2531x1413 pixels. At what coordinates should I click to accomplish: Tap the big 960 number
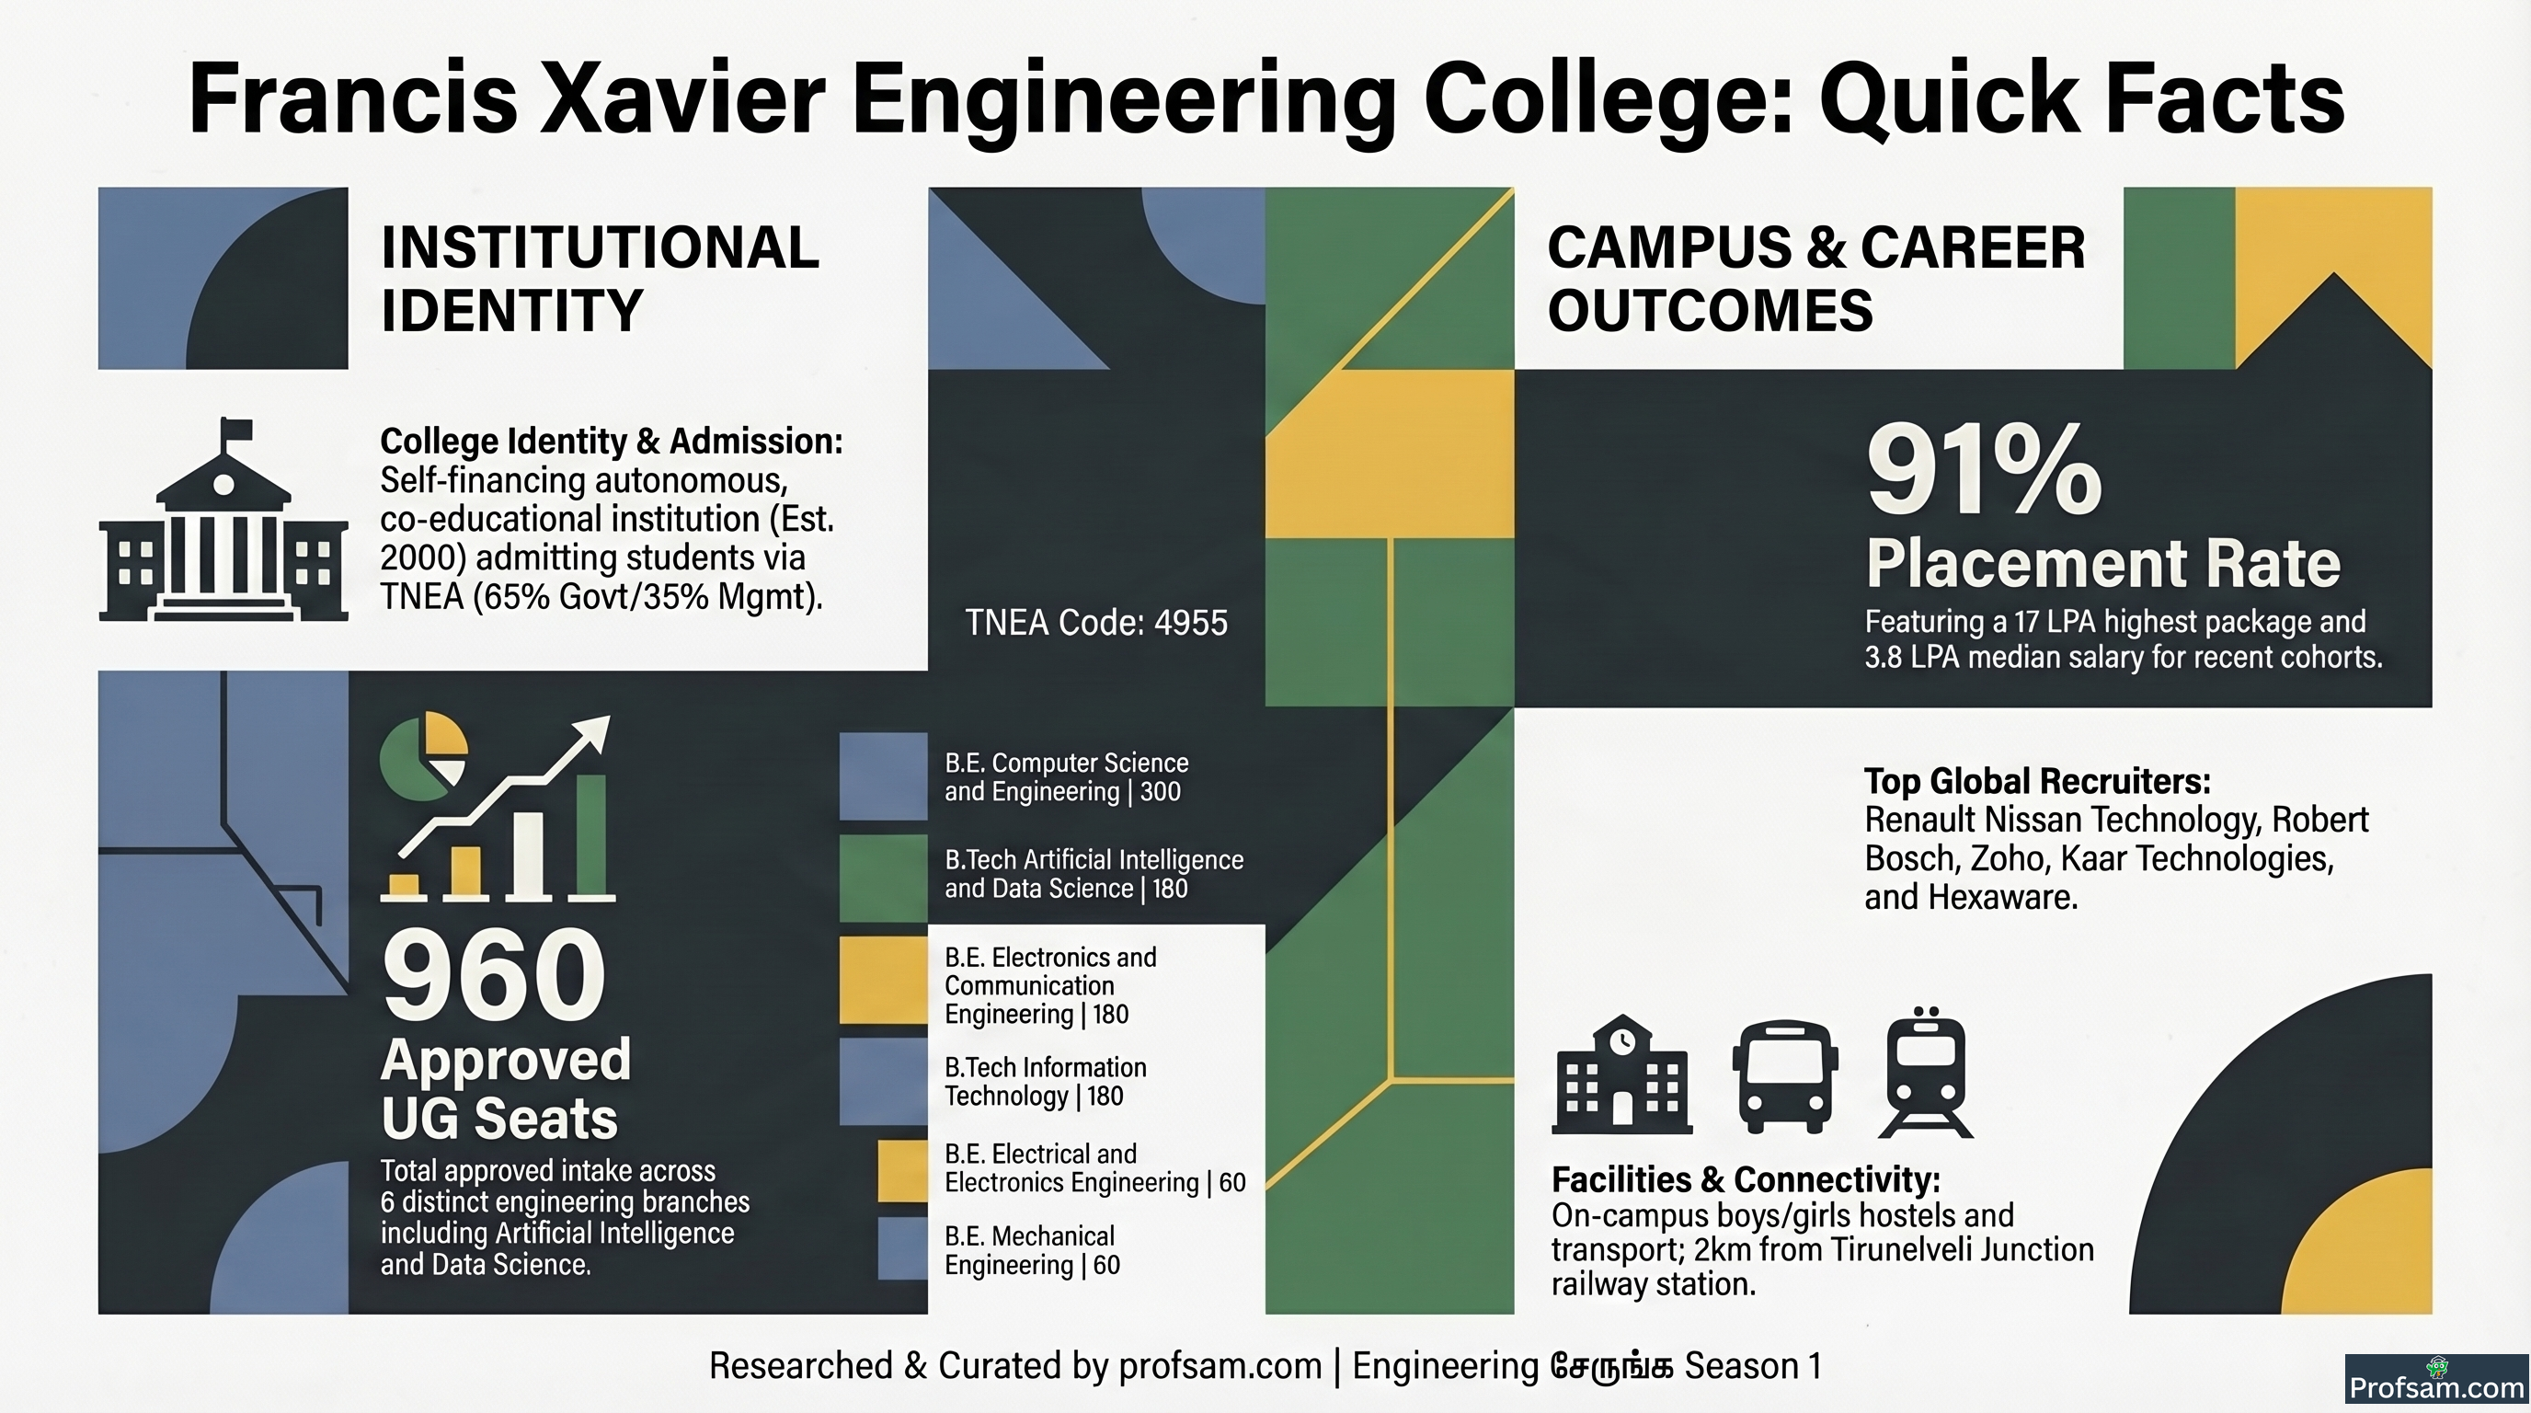(493, 976)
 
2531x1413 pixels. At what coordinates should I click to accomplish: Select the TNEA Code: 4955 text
(1095, 622)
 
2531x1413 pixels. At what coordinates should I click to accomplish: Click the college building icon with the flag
(223, 519)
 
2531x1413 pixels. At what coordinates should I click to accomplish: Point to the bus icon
(1784, 1076)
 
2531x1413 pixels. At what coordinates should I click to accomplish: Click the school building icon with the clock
(1622, 1073)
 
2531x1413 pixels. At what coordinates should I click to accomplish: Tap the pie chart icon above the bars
(423, 755)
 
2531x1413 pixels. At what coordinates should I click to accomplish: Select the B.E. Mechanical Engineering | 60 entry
(1032, 1250)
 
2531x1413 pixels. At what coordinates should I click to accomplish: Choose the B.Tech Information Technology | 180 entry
(1046, 1082)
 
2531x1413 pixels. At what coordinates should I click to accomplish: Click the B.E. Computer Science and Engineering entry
(1066, 777)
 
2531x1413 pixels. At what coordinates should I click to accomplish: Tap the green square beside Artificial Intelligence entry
(883, 879)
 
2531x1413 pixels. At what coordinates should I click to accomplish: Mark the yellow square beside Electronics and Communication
(883, 981)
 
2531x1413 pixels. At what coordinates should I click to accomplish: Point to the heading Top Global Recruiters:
(2038, 781)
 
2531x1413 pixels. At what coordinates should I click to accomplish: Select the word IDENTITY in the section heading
(512, 311)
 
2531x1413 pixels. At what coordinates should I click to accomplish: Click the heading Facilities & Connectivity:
(1746, 1179)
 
